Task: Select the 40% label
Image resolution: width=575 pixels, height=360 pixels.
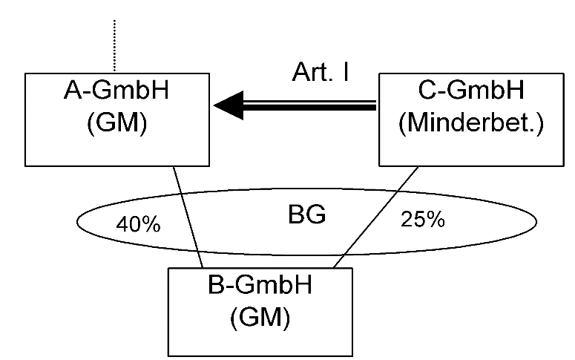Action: click(x=139, y=224)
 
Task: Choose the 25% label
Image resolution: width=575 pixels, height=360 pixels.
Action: click(x=422, y=220)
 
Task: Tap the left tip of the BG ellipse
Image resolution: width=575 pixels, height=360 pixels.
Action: click(x=78, y=221)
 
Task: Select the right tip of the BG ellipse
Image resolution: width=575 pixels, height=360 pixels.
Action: click(x=536, y=221)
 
